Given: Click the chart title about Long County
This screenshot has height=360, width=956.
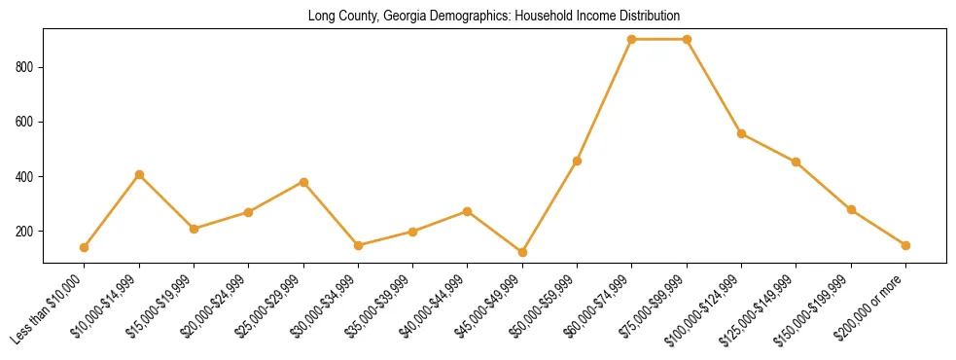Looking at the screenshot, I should [493, 16].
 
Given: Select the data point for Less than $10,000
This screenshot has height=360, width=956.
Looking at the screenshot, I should [85, 247].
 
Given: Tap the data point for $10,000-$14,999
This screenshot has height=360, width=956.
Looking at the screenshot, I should [139, 174].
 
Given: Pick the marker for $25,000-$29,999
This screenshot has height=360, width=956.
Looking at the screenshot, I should [303, 182].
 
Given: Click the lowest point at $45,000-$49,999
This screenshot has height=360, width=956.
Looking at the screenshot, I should [522, 252].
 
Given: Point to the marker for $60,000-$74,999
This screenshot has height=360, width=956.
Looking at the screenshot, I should [632, 39].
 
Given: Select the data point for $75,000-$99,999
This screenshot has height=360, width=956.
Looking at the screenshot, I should [687, 39].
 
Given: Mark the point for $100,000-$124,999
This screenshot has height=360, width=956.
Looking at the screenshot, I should [742, 133].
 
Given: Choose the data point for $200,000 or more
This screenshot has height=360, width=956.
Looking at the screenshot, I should [905, 245].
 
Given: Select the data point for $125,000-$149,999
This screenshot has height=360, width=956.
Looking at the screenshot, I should [797, 162].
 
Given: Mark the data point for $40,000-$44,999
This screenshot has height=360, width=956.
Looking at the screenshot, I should [468, 211].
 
